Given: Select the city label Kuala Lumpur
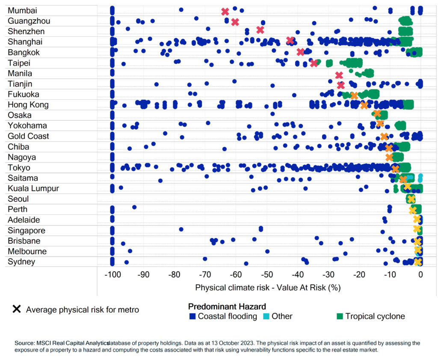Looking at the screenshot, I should coord(33,188).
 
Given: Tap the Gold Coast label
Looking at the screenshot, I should coord(28,136).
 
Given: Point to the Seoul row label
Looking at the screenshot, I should coord(18,199).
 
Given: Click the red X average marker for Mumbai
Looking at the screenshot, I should coord(225,12).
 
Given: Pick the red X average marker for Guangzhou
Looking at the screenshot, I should coord(235,22).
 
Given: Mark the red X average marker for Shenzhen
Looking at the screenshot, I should coord(260,30).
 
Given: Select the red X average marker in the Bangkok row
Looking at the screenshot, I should coord(300,52).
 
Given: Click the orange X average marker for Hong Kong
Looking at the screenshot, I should coord(364,105).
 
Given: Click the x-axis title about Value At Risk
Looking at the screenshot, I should coord(268,287).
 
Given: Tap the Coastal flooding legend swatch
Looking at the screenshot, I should coord(192,317).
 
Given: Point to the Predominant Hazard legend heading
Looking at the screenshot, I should coord(227,306).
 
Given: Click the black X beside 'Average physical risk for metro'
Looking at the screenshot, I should coord(17,309).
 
